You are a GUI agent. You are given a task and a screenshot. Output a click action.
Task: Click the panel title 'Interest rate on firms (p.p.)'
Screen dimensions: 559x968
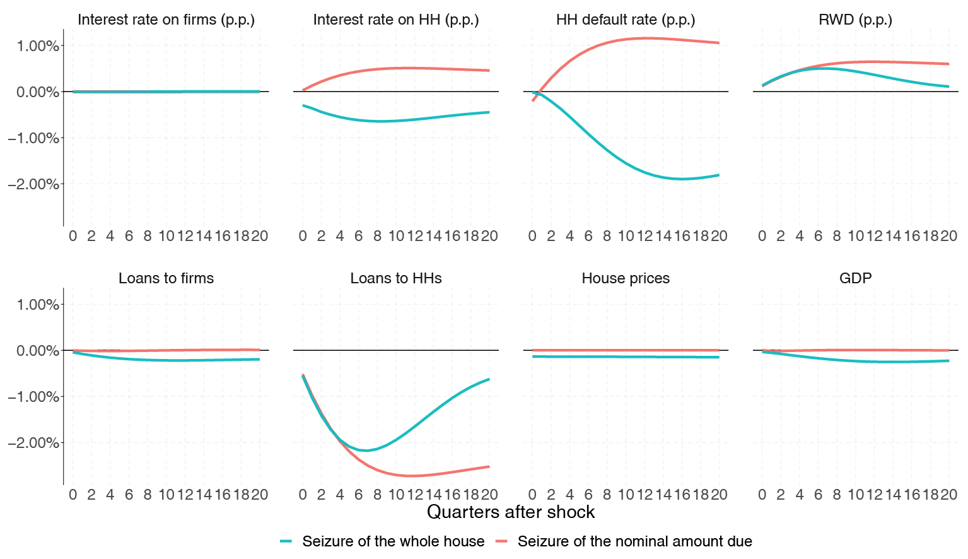[166, 20]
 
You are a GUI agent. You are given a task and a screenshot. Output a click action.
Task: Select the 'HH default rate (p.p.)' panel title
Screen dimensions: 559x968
[626, 20]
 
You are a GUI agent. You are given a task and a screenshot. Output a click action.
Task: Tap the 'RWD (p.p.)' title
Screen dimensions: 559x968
[855, 20]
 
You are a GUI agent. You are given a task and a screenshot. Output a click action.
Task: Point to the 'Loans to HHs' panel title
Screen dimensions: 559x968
[396, 278]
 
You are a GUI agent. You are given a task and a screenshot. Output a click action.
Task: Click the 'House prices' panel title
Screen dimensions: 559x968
[626, 278]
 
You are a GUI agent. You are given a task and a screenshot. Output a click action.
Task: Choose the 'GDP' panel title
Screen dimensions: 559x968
[855, 278]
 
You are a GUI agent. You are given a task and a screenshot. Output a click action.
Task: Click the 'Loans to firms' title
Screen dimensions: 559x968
[166, 278]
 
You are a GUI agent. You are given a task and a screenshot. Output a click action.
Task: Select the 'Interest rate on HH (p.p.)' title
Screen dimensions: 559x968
[396, 20]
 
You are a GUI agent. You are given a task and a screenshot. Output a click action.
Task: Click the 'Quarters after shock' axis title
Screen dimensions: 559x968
[511, 512]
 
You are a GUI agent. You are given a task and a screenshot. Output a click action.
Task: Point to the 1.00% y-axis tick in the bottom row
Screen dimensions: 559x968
[37, 305]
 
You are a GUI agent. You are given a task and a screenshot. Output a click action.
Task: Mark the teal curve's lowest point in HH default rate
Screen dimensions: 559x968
[681, 179]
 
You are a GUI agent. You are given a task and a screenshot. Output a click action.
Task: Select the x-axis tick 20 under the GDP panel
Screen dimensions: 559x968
[948, 495]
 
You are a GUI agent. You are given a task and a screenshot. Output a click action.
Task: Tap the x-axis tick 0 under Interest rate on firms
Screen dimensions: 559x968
[73, 236]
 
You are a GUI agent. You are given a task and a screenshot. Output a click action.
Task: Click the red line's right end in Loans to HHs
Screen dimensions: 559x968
[489, 467]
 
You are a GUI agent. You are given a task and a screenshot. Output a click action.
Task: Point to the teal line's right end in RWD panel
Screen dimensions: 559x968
[948, 86]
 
